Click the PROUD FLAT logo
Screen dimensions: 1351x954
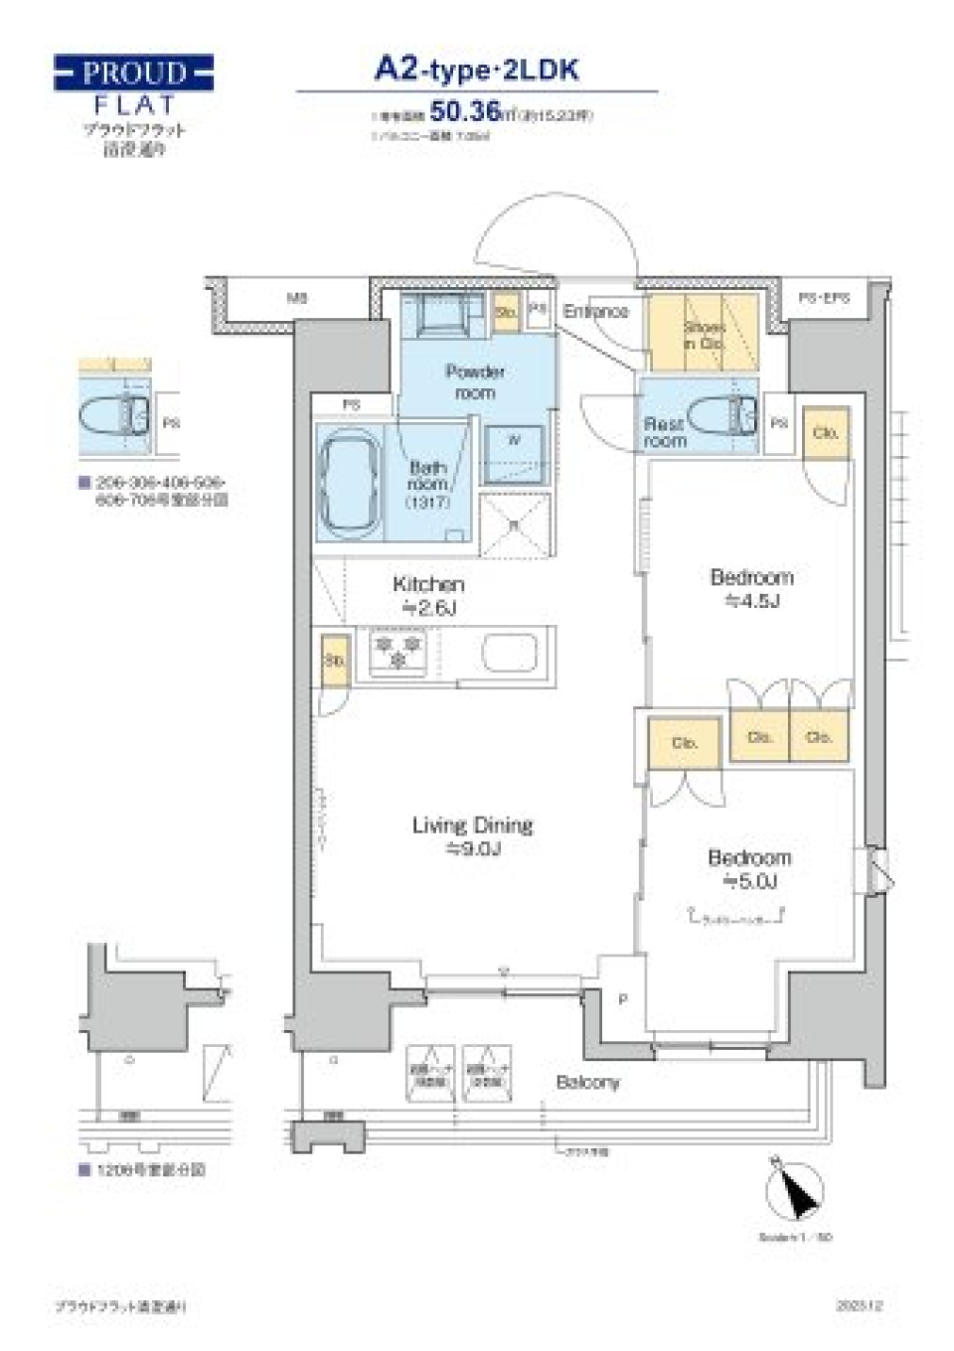coord(133,85)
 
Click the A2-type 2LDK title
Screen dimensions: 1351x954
coord(476,70)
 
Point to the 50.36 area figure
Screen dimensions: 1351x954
coord(464,112)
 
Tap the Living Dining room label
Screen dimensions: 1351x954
coord(472,835)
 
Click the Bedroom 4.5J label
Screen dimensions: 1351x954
coord(751,588)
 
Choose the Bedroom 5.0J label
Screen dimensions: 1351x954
coord(749,868)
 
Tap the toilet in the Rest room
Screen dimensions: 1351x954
coord(721,414)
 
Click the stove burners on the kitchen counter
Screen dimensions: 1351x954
coord(397,652)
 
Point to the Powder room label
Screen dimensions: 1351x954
coord(475,381)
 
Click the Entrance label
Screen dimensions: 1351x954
coord(596,311)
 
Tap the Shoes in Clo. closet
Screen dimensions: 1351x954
coord(703,333)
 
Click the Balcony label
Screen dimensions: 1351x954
coord(587,1082)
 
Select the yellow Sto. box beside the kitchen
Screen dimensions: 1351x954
coord(335,659)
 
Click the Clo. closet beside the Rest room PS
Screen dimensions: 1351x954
coord(825,433)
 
